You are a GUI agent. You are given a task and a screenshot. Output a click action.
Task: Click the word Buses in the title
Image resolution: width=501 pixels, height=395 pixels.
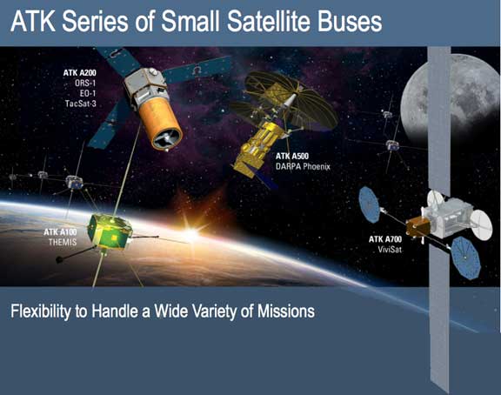coord(350,22)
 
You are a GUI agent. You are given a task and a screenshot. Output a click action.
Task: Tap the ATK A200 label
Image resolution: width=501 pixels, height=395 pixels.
coord(79,73)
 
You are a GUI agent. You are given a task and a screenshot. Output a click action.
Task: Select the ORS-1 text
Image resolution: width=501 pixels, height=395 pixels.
coord(85,84)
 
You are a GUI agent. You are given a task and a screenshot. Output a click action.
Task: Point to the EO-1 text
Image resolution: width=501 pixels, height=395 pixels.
coord(88,93)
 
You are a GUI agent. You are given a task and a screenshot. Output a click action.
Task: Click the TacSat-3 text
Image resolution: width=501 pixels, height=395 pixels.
coord(81,104)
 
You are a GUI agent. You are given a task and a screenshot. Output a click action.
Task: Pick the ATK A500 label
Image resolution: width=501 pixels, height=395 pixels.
coord(292,156)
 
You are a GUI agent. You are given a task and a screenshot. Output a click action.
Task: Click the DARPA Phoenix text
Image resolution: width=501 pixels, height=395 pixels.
coord(303,166)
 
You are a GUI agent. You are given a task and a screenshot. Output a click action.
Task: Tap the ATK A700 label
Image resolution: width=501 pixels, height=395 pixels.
coord(385,239)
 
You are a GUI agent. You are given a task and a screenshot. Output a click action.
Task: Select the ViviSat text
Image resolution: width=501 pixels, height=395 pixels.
coord(390,250)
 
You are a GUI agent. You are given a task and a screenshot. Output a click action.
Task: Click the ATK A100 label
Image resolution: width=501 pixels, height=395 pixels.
coord(60,232)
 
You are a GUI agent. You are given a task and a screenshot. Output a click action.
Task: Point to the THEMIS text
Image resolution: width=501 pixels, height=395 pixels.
coord(63,242)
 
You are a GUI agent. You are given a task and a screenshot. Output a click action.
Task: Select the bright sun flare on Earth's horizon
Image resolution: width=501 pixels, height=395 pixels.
coord(191,235)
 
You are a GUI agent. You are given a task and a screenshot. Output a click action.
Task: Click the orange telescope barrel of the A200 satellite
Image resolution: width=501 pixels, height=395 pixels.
coord(161,124)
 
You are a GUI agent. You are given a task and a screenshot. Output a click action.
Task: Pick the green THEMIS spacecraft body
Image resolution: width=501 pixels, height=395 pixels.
coord(110,231)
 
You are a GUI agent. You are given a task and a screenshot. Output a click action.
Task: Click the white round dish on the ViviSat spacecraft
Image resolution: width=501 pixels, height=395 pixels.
coord(482,224)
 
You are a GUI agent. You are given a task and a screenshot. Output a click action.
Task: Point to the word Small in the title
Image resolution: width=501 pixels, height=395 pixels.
coord(190,22)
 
